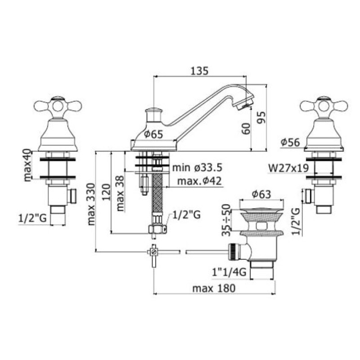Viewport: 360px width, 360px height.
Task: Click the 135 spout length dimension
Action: (x=199, y=71)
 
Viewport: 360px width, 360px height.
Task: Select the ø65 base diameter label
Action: (x=153, y=134)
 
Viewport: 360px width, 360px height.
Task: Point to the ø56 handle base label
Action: (x=290, y=143)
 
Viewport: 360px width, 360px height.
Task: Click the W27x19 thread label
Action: (x=288, y=168)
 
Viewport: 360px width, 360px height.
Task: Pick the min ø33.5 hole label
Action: (x=197, y=167)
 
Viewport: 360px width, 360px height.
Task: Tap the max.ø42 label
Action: (x=199, y=181)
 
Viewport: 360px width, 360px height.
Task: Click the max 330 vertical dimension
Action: (x=91, y=204)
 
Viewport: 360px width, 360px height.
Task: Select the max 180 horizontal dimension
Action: (x=214, y=288)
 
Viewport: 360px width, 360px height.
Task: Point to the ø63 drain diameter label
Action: (x=261, y=194)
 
